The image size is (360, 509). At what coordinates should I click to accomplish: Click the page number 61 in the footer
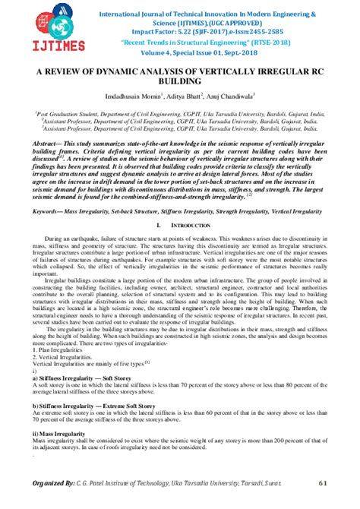click(322, 482)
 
